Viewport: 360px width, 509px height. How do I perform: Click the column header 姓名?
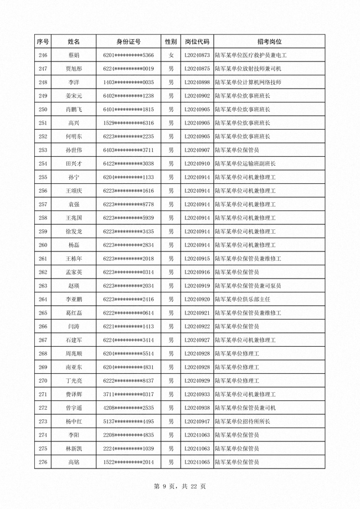74,42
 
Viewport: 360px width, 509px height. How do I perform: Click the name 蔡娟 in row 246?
74,55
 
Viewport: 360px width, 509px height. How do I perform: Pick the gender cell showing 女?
171,55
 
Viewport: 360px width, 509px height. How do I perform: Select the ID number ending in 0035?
128,83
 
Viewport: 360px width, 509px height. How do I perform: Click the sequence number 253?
43,150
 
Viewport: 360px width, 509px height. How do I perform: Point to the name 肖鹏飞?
74,110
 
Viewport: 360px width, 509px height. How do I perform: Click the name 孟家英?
74,273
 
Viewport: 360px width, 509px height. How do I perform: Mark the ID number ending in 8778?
128,204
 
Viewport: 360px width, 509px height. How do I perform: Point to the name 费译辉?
74,394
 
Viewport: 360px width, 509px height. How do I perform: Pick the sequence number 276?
43,462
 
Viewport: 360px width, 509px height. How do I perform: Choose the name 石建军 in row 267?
74,340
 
